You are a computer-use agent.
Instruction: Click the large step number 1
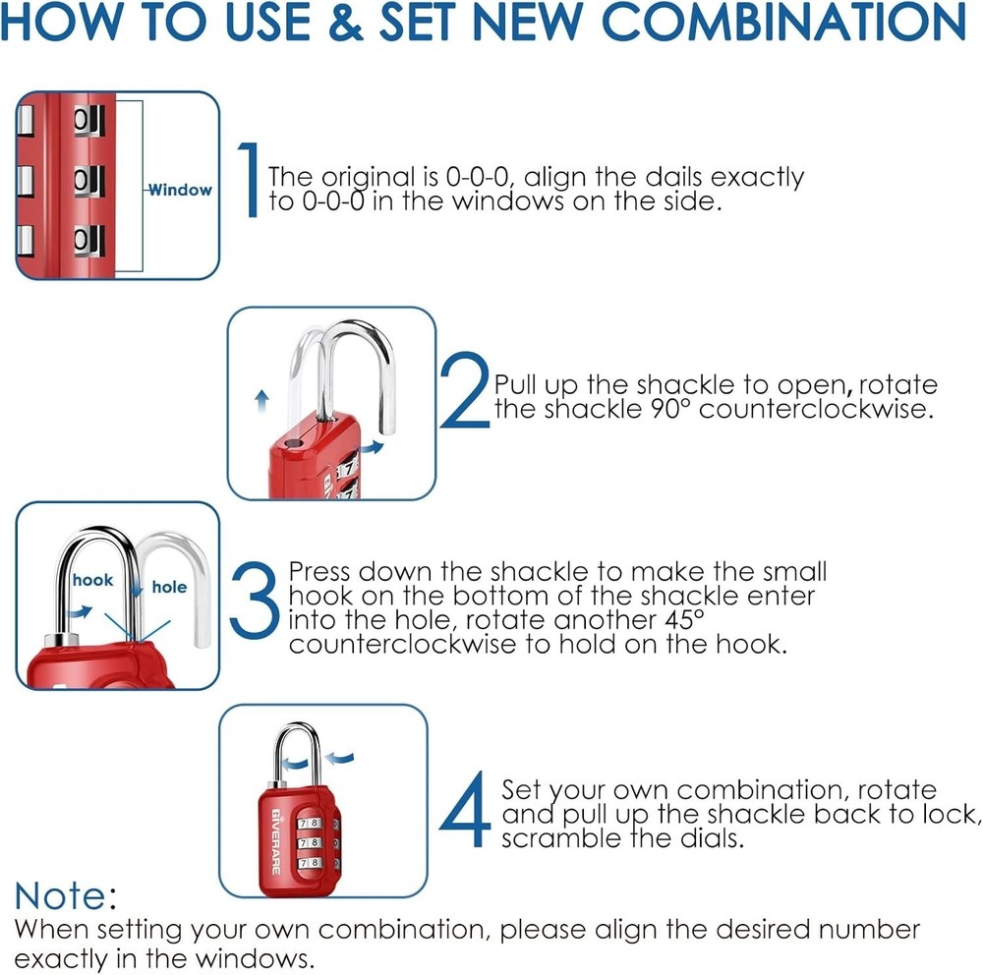[250, 179]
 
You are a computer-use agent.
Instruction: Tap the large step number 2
[463, 392]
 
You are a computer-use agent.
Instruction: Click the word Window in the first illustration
[181, 190]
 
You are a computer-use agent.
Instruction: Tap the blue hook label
[92, 580]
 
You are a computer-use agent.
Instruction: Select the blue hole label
[168, 587]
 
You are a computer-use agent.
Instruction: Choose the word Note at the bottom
[60, 895]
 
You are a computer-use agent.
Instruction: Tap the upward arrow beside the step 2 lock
[261, 398]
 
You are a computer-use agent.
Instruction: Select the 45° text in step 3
[683, 621]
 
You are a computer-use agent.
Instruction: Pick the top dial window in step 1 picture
[88, 121]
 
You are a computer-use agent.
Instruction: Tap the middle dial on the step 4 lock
[313, 842]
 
